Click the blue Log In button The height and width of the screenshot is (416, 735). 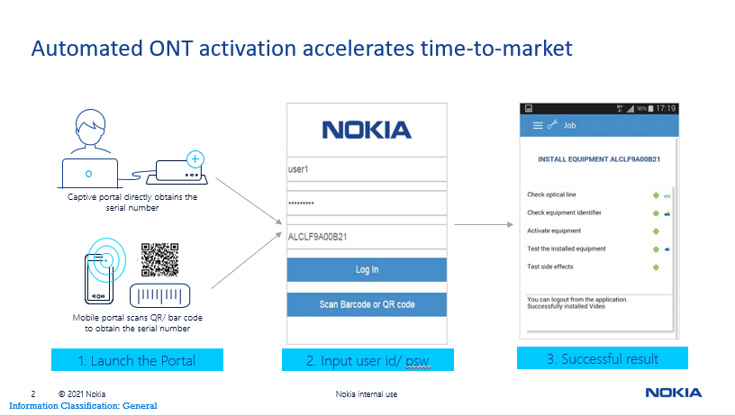(x=367, y=269)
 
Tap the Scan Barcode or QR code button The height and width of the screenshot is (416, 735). (x=367, y=304)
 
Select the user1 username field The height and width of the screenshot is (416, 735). (x=367, y=169)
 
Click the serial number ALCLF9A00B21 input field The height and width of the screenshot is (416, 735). (x=367, y=237)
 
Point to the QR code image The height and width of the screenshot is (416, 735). (x=159, y=259)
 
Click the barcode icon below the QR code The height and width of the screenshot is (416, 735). (x=159, y=295)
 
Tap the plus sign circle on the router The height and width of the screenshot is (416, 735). (x=195, y=159)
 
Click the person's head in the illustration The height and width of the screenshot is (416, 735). (x=90, y=126)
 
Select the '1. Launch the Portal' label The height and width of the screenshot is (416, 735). (x=137, y=360)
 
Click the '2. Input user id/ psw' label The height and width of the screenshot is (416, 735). (x=367, y=360)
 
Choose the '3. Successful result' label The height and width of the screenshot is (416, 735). (x=603, y=358)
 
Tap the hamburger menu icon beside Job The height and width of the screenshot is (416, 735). (x=538, y=125)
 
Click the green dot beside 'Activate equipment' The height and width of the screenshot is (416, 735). (x=656, y=231)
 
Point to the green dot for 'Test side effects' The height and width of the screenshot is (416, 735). (x=656, y=267)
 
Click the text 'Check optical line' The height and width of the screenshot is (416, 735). (x=551, y=194)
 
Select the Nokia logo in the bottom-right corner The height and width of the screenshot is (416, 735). (x=674, y=393)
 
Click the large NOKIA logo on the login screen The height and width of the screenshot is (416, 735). (x=367, y=130)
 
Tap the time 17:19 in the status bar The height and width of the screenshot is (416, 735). (x=666, y=108)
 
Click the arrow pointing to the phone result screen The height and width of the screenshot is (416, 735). (x=484, y=225)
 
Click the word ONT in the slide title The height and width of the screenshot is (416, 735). (x=171, y=49)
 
